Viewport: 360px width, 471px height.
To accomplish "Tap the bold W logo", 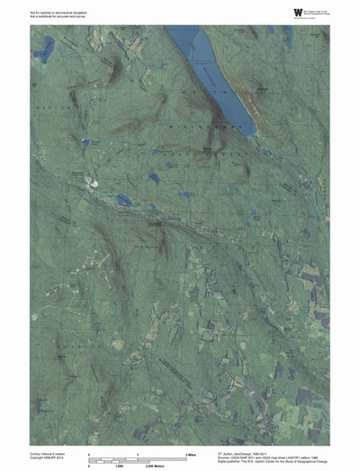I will tap(274, 10).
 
